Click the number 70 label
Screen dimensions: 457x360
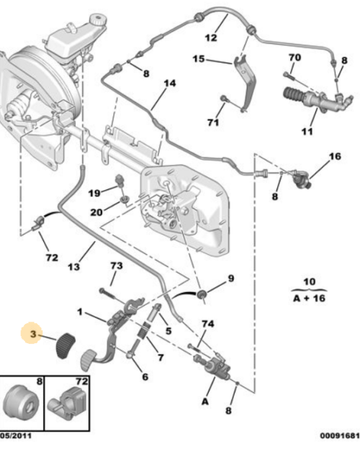[294, 57]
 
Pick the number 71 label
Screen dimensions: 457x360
[212, 123]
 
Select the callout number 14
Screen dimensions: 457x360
[169, 83]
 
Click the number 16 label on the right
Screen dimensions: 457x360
[334, 156]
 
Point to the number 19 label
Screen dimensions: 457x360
[94, 193]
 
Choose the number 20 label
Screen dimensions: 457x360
[96, 212]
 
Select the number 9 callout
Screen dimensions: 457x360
[231, 278]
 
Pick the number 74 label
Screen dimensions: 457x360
[207, 324]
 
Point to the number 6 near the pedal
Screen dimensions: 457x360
[145, 376]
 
